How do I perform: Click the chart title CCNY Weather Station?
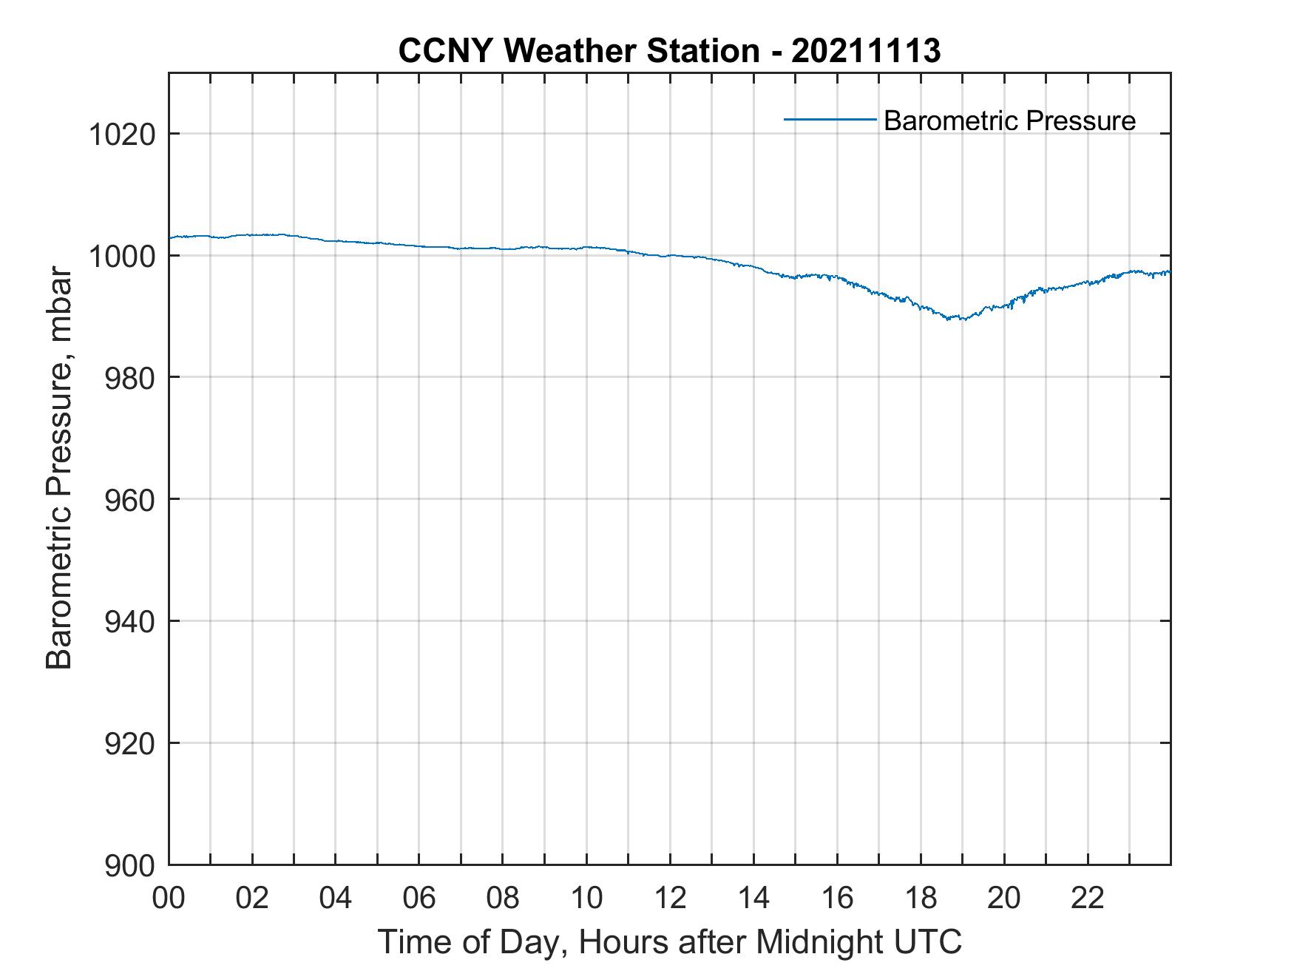coord(578,51)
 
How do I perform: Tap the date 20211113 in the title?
coord(866,51)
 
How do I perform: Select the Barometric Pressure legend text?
coord(1009,121)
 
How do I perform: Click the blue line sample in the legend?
coord(830,119)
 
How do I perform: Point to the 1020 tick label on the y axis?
coord(121,135)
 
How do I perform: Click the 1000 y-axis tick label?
coord(121,257)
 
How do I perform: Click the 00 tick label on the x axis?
coord(169,898)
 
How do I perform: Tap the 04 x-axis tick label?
coord(336,898)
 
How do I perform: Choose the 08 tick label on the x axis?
coord(503,898)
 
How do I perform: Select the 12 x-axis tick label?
coord(670,898)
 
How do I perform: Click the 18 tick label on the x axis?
coord(921,898)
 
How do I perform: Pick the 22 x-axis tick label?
coord(1088,898)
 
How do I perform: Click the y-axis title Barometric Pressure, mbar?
coord(59,469)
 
